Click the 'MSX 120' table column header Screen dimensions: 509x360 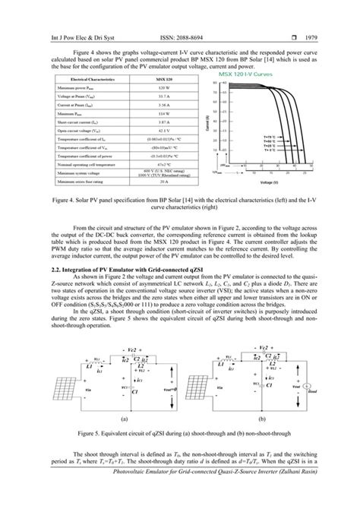pos(156,80)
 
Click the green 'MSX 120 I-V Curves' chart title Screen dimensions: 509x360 pos(245,75)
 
